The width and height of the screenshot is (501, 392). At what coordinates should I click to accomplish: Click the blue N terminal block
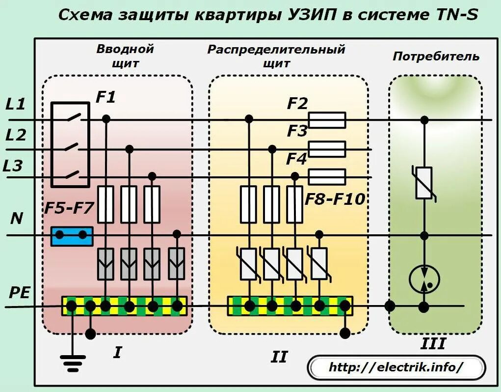(x=72, y=236)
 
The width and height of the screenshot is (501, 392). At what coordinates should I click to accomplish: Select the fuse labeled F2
(x=327, y=120)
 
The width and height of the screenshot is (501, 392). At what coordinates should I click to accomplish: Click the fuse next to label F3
(x=327, y=149)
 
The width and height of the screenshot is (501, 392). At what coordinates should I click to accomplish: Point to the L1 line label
(x=15, y=104)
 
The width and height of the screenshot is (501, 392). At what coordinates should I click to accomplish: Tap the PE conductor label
(x=20, y=293)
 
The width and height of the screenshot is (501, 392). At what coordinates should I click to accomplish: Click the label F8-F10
(x=335, y=199)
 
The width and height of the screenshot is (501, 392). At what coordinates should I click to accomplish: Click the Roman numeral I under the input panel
(x=117, y=352)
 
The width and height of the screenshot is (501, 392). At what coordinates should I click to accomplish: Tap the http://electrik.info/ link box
(x=396, y=367)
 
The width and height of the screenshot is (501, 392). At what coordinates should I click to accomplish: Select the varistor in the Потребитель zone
(x=424, y=183)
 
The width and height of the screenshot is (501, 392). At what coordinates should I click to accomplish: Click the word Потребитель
(x=435, y=56)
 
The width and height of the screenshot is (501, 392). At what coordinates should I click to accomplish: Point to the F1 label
(x=105, y=97)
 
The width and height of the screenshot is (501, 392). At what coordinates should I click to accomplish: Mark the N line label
(x=17, y=219)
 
